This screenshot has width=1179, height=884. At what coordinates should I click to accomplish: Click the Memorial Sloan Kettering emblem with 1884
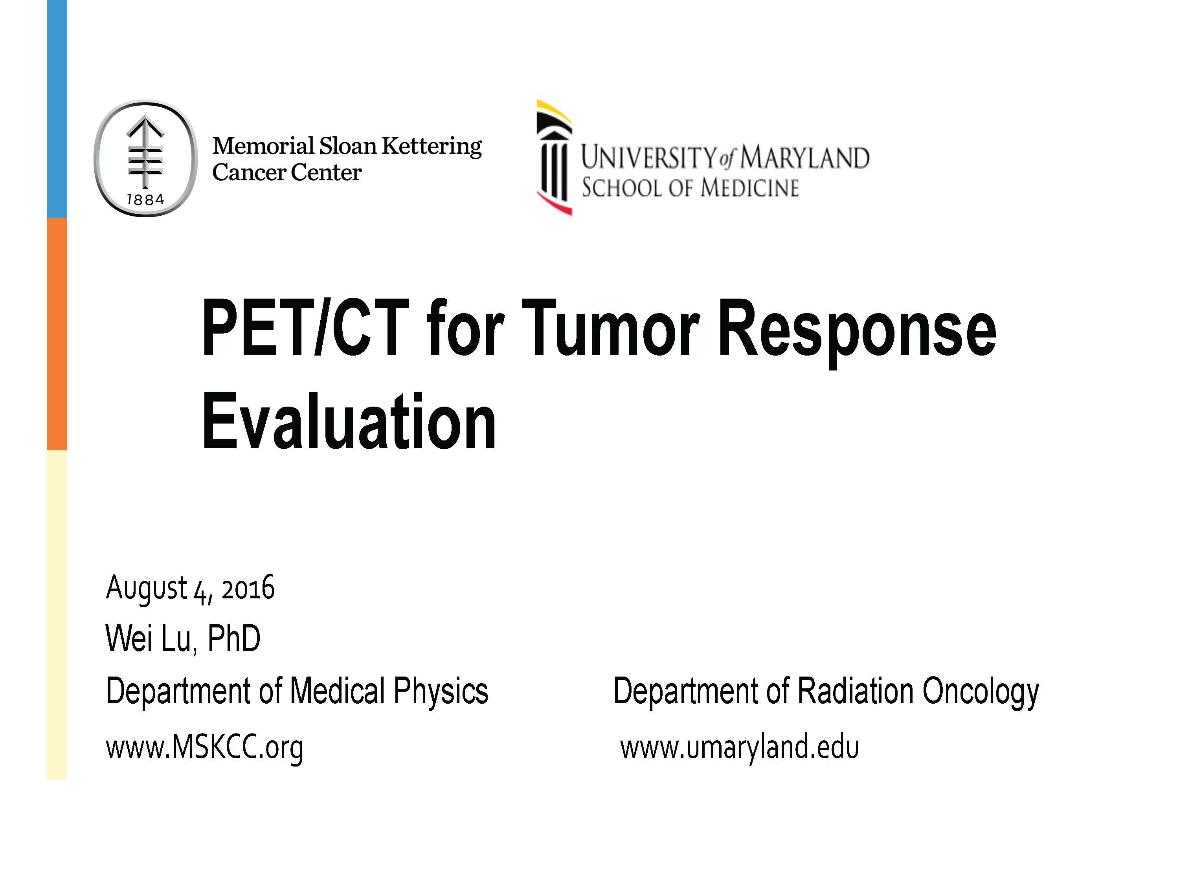click(x=145, y=159)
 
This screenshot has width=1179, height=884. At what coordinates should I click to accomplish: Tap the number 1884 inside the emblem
click(x=145, y=199)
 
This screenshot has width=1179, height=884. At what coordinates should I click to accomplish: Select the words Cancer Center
click(x=287, y=172)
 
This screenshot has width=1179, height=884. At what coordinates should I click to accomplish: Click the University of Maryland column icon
click(x=554, y=157)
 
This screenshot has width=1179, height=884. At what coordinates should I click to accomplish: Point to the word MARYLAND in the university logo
click(x=805, y=157)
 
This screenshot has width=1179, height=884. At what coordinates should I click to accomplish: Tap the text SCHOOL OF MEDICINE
click(x=690, y=187)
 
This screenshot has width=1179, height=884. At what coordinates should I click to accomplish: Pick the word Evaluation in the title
click(x=349, y=421)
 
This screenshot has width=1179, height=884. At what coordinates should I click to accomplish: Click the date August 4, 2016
click(x=190, y=589)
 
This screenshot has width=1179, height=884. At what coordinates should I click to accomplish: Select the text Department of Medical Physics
click(x=297, y=691)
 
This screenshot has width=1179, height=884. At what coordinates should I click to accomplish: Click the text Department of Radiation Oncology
click(x=826, y=691)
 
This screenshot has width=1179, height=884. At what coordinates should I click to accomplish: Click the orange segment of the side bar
click(x=57, y=334)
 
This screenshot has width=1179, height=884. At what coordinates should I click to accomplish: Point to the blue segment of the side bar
click(x=57, y=109)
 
